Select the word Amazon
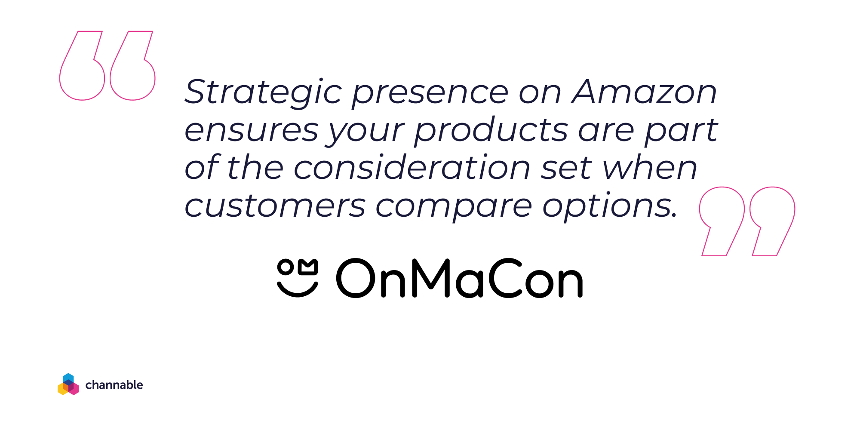coord(644,92)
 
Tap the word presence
coord(430,95)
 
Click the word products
coord(491,129)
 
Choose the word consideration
coord(412,167)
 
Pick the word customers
coord(275,206)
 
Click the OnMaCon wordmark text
coord(459,278)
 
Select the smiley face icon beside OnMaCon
coord(298,278)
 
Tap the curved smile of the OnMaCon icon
coord(298,294)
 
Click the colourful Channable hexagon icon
coord(68,384)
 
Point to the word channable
coord(114,384)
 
